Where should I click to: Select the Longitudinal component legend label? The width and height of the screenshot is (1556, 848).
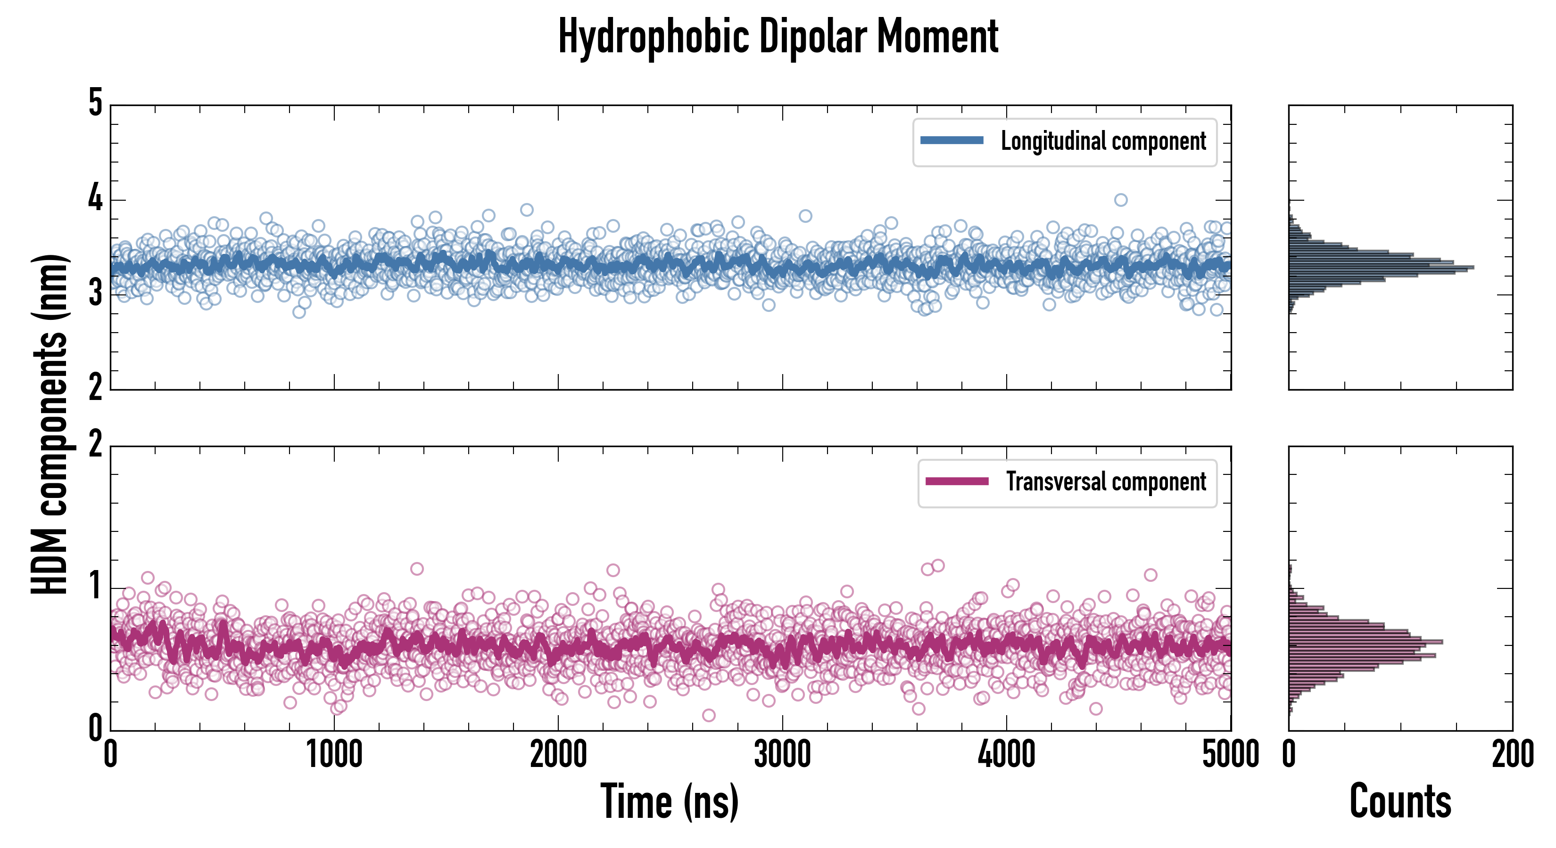(x=1103, y=141)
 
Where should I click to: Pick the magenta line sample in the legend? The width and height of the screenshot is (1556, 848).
(x=957, y=481)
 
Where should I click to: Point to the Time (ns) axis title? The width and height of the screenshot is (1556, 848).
(x=669, y=801)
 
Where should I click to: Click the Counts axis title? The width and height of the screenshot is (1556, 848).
(x=1400, y=801)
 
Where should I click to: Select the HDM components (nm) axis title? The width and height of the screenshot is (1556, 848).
(x=50, y=423)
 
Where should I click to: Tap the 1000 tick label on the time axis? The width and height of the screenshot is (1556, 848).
(x=334, y=754)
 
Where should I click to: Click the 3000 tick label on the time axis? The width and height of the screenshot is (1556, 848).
(x=782, y=754)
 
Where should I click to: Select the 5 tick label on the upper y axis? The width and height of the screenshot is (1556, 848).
(x=95, y=103)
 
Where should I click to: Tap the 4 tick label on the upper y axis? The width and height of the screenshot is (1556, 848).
(x=95, y=198)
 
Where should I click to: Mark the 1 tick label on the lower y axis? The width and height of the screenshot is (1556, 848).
(x=95, y=586)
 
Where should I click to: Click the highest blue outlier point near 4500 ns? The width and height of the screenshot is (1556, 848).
(x=1120, y=200)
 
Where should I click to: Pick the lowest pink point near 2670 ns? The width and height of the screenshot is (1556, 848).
(x=709, y=715)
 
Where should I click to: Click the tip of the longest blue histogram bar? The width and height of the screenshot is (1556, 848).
(x=1473, y=267)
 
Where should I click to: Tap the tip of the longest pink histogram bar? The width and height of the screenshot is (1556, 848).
(x=1442, y=641)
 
